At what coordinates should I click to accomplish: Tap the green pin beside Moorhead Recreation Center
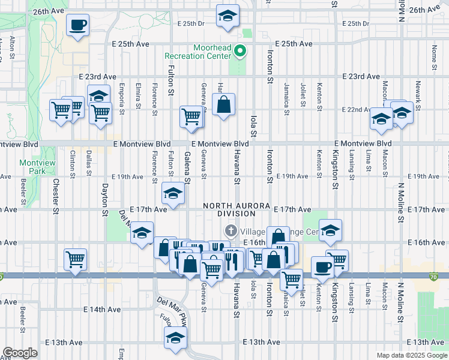click(240, 51)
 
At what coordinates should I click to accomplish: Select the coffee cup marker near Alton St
click(77, 25)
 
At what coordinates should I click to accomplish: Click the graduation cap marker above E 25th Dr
click(227, 17)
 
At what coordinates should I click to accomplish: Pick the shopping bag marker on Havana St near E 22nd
click(223, 105)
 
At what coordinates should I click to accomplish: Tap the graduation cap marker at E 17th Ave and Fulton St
click(173, 194)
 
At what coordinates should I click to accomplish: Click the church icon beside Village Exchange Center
click(231, 230)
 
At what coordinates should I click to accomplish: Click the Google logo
click(20, 353)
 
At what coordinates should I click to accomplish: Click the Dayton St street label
click(104, 199)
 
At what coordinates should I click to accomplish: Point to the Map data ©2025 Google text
click(412, 355)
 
